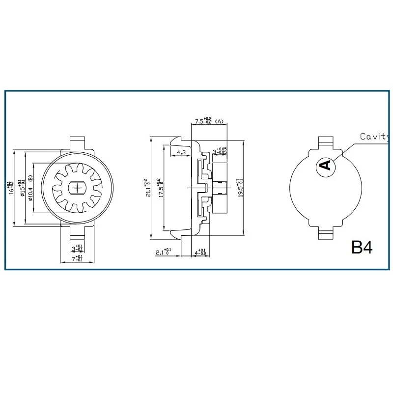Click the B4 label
[362, 247]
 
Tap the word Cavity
[376, 137]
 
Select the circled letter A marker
[326, 165]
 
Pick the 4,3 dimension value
[181, 152]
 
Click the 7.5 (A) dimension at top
[208, 120]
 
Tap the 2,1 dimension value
[163, 253]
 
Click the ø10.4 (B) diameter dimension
[30, 188]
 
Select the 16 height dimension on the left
[10, 188]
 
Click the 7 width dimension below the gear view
[78, 258]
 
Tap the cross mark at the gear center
[78, 188]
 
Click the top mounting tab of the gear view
[78, 143]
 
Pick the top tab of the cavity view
[326, 142]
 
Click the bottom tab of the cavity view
[326, 232]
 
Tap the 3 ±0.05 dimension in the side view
[220, 151]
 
